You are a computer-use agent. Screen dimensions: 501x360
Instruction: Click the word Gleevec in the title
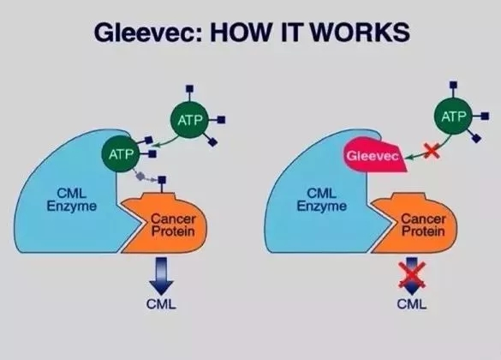click(x=148, y=33)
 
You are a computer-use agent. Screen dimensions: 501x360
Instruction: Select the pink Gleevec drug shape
click(x=375, y=154)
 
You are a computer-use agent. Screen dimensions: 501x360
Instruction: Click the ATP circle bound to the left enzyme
click(x=121, y=154)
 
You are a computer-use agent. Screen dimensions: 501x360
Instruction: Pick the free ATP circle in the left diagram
click(x=189, y=120)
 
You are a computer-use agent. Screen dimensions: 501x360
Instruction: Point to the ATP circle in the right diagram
click(x=453, y=117)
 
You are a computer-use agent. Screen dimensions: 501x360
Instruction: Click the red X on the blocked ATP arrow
click(x=432, y=151)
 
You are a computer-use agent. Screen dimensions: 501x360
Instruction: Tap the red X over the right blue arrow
click(x=412, y=274)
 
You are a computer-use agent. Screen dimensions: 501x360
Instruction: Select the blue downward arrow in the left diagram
click(x=161, y=276)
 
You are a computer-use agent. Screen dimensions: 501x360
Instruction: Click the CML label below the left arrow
click(x=161, y=304)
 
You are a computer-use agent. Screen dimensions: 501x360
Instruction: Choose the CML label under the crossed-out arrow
click(x=412, y=303)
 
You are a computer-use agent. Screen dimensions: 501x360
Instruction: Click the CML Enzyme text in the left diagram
click(x=72, y=200)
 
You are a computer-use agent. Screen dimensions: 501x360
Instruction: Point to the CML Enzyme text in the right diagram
click(x=322, y=200)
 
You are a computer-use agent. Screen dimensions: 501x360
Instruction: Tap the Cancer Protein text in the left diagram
click(x=173, y=225)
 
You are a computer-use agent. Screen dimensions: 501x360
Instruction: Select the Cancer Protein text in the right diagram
click(x=423, y=225)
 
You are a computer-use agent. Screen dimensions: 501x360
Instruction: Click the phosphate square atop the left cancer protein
click(x=162, y=180)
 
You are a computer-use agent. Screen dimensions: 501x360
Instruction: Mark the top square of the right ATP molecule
click(x=453, y=85)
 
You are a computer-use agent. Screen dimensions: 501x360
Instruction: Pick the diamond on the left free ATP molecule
click(x=212, y=141)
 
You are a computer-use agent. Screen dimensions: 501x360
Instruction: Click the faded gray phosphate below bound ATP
click(x=140, y=176)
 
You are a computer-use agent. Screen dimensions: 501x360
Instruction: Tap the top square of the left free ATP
click(x=189, y=88)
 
